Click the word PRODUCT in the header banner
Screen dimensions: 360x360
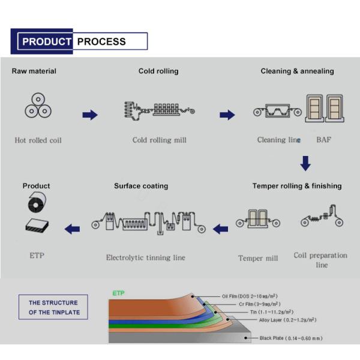(47, 41)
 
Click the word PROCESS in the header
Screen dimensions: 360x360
(101, 41)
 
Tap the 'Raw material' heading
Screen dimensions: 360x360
(34, 71)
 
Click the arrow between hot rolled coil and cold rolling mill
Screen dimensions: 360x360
(90, 115)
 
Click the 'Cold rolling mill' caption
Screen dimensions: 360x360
(159, 140)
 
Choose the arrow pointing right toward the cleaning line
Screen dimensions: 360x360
(227, 115)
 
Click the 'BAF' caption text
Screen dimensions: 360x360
(323, 140)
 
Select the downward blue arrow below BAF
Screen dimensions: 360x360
(305, 163)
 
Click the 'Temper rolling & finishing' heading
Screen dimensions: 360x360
(297, 186)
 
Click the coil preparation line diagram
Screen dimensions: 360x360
(320, 219)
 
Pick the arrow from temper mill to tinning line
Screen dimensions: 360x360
(221, 228)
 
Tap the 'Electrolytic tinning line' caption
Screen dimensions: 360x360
(145, 258)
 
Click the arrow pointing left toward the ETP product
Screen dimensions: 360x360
(73, 228)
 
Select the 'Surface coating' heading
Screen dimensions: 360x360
(141, 186)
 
